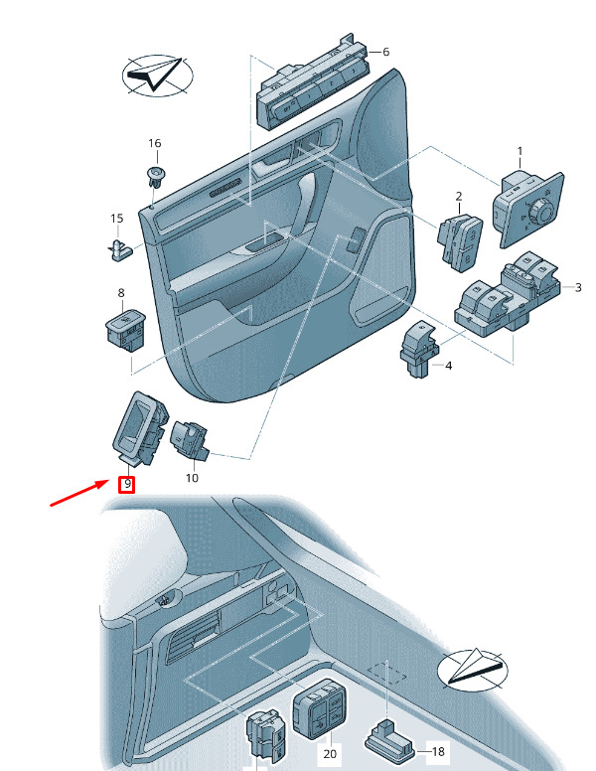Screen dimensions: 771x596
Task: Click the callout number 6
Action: pos(385,52)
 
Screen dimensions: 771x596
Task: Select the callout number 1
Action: pos(519,151)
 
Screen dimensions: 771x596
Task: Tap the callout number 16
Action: pos(154,144)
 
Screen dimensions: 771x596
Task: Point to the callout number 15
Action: pos(116,218)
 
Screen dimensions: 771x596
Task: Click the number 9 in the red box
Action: pos(127,484)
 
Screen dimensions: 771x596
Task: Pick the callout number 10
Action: pos(192,478)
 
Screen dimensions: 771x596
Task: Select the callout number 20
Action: pos(331,754)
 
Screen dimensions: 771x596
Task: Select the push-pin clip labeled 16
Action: pos(153,178)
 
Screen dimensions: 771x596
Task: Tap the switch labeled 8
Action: pos(124,326)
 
